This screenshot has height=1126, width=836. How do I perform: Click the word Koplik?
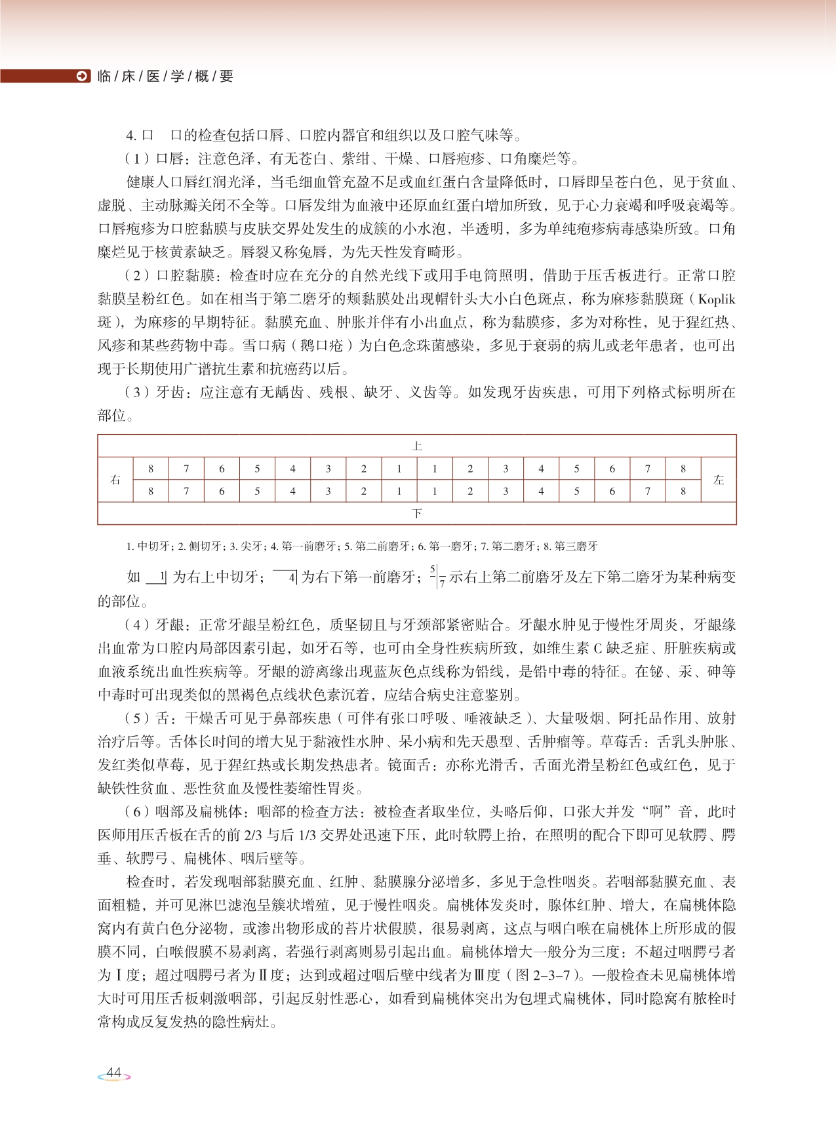pyautogui.click(x=716, y=300)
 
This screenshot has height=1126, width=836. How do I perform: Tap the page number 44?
pyautogui.click(x=114, y=1072)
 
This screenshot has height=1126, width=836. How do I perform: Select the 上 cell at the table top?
pyautogui.click(x=417, y=446)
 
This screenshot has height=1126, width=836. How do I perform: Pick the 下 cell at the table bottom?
pyautogui.click(x=417, y=513)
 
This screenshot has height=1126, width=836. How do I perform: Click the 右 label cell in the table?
pyautogui.click(x=115, y=480)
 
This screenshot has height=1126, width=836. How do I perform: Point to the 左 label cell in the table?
pyautogui.click(x=719, y=480)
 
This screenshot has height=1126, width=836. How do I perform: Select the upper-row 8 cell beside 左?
pyautogui.click(x=683, y=469)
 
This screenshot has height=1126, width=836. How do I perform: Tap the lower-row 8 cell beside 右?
pyautogui.click(x=151, y=491)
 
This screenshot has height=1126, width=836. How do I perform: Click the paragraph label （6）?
pyautogui.click(x=136, y=812)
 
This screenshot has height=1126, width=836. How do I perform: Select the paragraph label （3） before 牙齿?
pyautogui.click(x=136, y=393)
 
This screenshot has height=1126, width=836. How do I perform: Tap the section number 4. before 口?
pyautogui.click(x=131, y=136)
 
